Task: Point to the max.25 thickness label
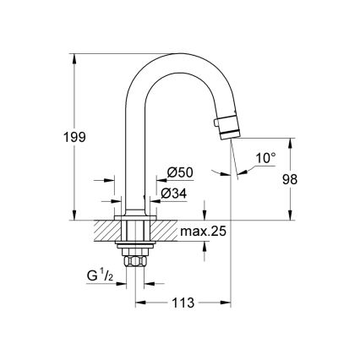(x=206, y=232)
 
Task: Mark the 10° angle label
(x=266, y=158)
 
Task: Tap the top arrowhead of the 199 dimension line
(x=75, y=57)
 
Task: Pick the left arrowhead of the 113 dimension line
(x=136, y=301)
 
